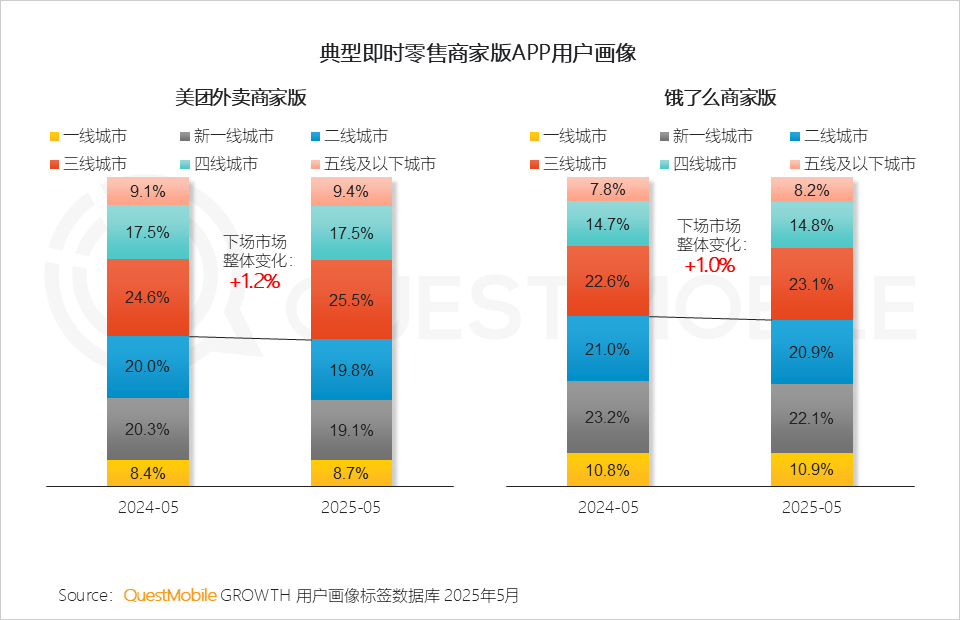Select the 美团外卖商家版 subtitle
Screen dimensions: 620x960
pos(240,98)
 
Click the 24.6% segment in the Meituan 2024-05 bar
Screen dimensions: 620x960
pos(148,297)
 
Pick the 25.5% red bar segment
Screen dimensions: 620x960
pos(351,300)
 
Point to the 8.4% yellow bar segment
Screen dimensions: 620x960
pos(148,473)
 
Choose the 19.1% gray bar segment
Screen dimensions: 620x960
pos(351,430)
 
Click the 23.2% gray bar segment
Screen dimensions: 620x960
pos(608,416)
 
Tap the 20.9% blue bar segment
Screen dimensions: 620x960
pos(811,351)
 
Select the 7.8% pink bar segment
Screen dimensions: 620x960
pos(608,189)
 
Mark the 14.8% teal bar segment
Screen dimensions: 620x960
pos(811,225)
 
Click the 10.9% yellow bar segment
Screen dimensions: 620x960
pos(811,469)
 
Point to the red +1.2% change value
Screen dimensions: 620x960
pos(254,281)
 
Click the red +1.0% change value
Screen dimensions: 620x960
pos(709,265)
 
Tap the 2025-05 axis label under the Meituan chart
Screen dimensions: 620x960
pos(351,508)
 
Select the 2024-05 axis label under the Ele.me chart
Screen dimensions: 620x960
pos(608,508)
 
